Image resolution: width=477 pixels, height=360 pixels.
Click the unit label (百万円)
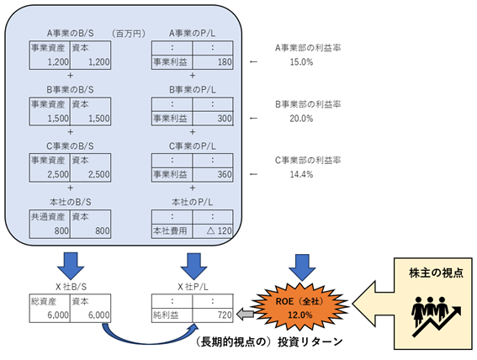(x=128, y=33)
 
